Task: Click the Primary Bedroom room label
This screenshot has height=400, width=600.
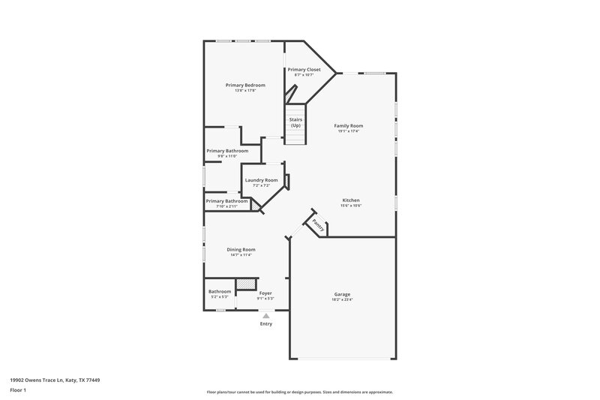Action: pyautogui.click(x=245, y=85)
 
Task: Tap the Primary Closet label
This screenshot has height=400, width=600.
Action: pyautogui.click(x=304, y=69)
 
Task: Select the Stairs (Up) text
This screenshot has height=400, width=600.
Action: pyautogui.click(x=295, y=122)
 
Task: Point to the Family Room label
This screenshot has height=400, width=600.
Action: pyautogui.click(x=348, y=125)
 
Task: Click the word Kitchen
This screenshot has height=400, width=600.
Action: pyautogui.click(x=351, y=200)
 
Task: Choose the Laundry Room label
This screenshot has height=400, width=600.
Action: pyautogui.click(x=261, y=180)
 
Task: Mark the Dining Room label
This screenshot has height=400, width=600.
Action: pyautogui.click(x=241, y=249)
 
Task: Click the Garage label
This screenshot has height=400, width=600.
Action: pyautogui.click(x=342, y=293)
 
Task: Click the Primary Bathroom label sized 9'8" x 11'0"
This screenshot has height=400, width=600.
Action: pyautogui.click(x=227, y=151)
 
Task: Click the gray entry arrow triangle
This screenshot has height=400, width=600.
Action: pyautogui.click(x=265, y=316)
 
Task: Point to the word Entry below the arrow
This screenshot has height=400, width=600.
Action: pyautogui.click(x=265, y=323)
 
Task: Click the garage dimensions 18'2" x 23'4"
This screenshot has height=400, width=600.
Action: pyautogui.click(x=342, y=299)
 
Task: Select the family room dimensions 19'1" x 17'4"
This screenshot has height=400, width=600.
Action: pyautogui.click(x=348, y=131)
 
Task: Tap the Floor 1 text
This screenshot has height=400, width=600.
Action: pyautogui.click(x=19, y=391)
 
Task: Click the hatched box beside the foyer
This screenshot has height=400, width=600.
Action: pyautogui.click(x=245, y=284)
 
